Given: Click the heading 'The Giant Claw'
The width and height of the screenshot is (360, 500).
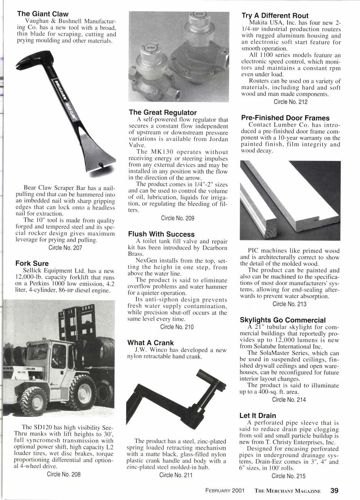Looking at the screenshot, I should [43, 14].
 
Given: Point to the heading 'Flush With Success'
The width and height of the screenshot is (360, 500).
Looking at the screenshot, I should [161, 234].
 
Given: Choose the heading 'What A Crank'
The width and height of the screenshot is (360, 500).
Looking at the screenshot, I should [151, 343].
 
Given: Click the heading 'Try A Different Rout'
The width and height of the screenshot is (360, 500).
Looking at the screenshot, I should [275, 16].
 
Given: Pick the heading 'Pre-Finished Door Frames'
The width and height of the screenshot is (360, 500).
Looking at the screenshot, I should [285, 118].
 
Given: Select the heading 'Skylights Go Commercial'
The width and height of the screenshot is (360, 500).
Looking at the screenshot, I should [283, 320].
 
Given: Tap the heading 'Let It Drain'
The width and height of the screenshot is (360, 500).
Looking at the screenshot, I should [258, 416].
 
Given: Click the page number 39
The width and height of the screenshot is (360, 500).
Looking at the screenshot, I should [335, 491].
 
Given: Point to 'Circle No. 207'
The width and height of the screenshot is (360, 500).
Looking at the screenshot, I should [65, 248].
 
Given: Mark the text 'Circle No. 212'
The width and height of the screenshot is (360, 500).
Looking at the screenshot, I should [290, 102].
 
